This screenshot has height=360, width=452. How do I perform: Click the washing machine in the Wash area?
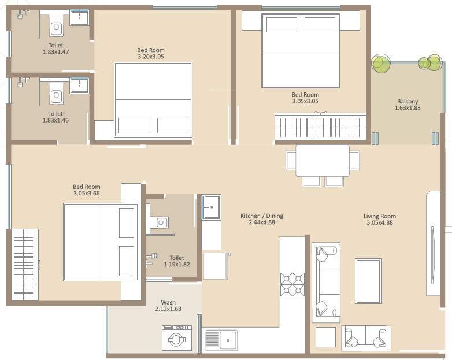176,338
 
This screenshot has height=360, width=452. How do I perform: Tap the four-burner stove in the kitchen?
292,284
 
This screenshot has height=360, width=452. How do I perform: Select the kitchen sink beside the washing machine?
221,340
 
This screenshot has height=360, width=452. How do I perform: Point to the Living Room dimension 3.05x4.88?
379,223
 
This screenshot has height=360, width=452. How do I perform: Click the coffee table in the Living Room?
368,281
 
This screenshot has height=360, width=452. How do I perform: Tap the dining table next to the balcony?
322,160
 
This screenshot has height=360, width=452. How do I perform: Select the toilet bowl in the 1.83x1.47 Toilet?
56,28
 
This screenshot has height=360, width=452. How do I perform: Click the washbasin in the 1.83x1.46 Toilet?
79,86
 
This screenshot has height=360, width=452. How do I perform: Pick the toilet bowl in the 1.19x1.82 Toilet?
161,222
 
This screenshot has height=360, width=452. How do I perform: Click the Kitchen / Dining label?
262,216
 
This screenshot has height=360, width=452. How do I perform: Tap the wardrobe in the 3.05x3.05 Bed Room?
320,126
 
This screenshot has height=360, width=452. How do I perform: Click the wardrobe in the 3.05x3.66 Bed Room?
25,265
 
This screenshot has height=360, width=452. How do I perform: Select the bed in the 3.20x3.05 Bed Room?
153,99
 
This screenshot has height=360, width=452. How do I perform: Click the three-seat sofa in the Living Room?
326,282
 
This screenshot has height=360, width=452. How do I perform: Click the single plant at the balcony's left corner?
380,63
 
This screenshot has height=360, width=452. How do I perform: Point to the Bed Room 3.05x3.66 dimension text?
86,194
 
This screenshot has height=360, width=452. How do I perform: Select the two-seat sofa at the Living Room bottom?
366,338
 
